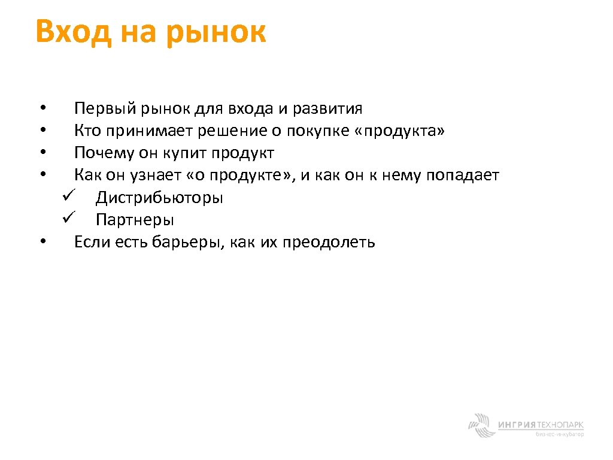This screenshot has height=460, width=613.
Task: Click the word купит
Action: pos(184,153)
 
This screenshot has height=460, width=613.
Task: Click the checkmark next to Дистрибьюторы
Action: pos(66,196)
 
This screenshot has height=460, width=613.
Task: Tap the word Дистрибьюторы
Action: pos(159,198)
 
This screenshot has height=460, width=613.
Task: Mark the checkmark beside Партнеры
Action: pos(66,219)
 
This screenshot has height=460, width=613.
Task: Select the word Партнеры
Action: pos(135,220)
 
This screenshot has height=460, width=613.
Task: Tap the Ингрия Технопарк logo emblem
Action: pos(480,425)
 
